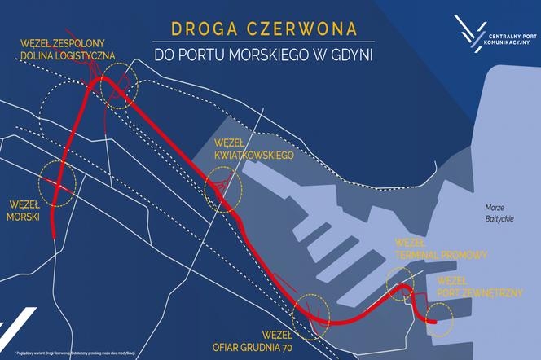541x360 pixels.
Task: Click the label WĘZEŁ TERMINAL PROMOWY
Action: (440, 249)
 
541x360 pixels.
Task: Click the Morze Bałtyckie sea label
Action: (498, 213)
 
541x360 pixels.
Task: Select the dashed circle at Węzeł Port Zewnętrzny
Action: (439, 317)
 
